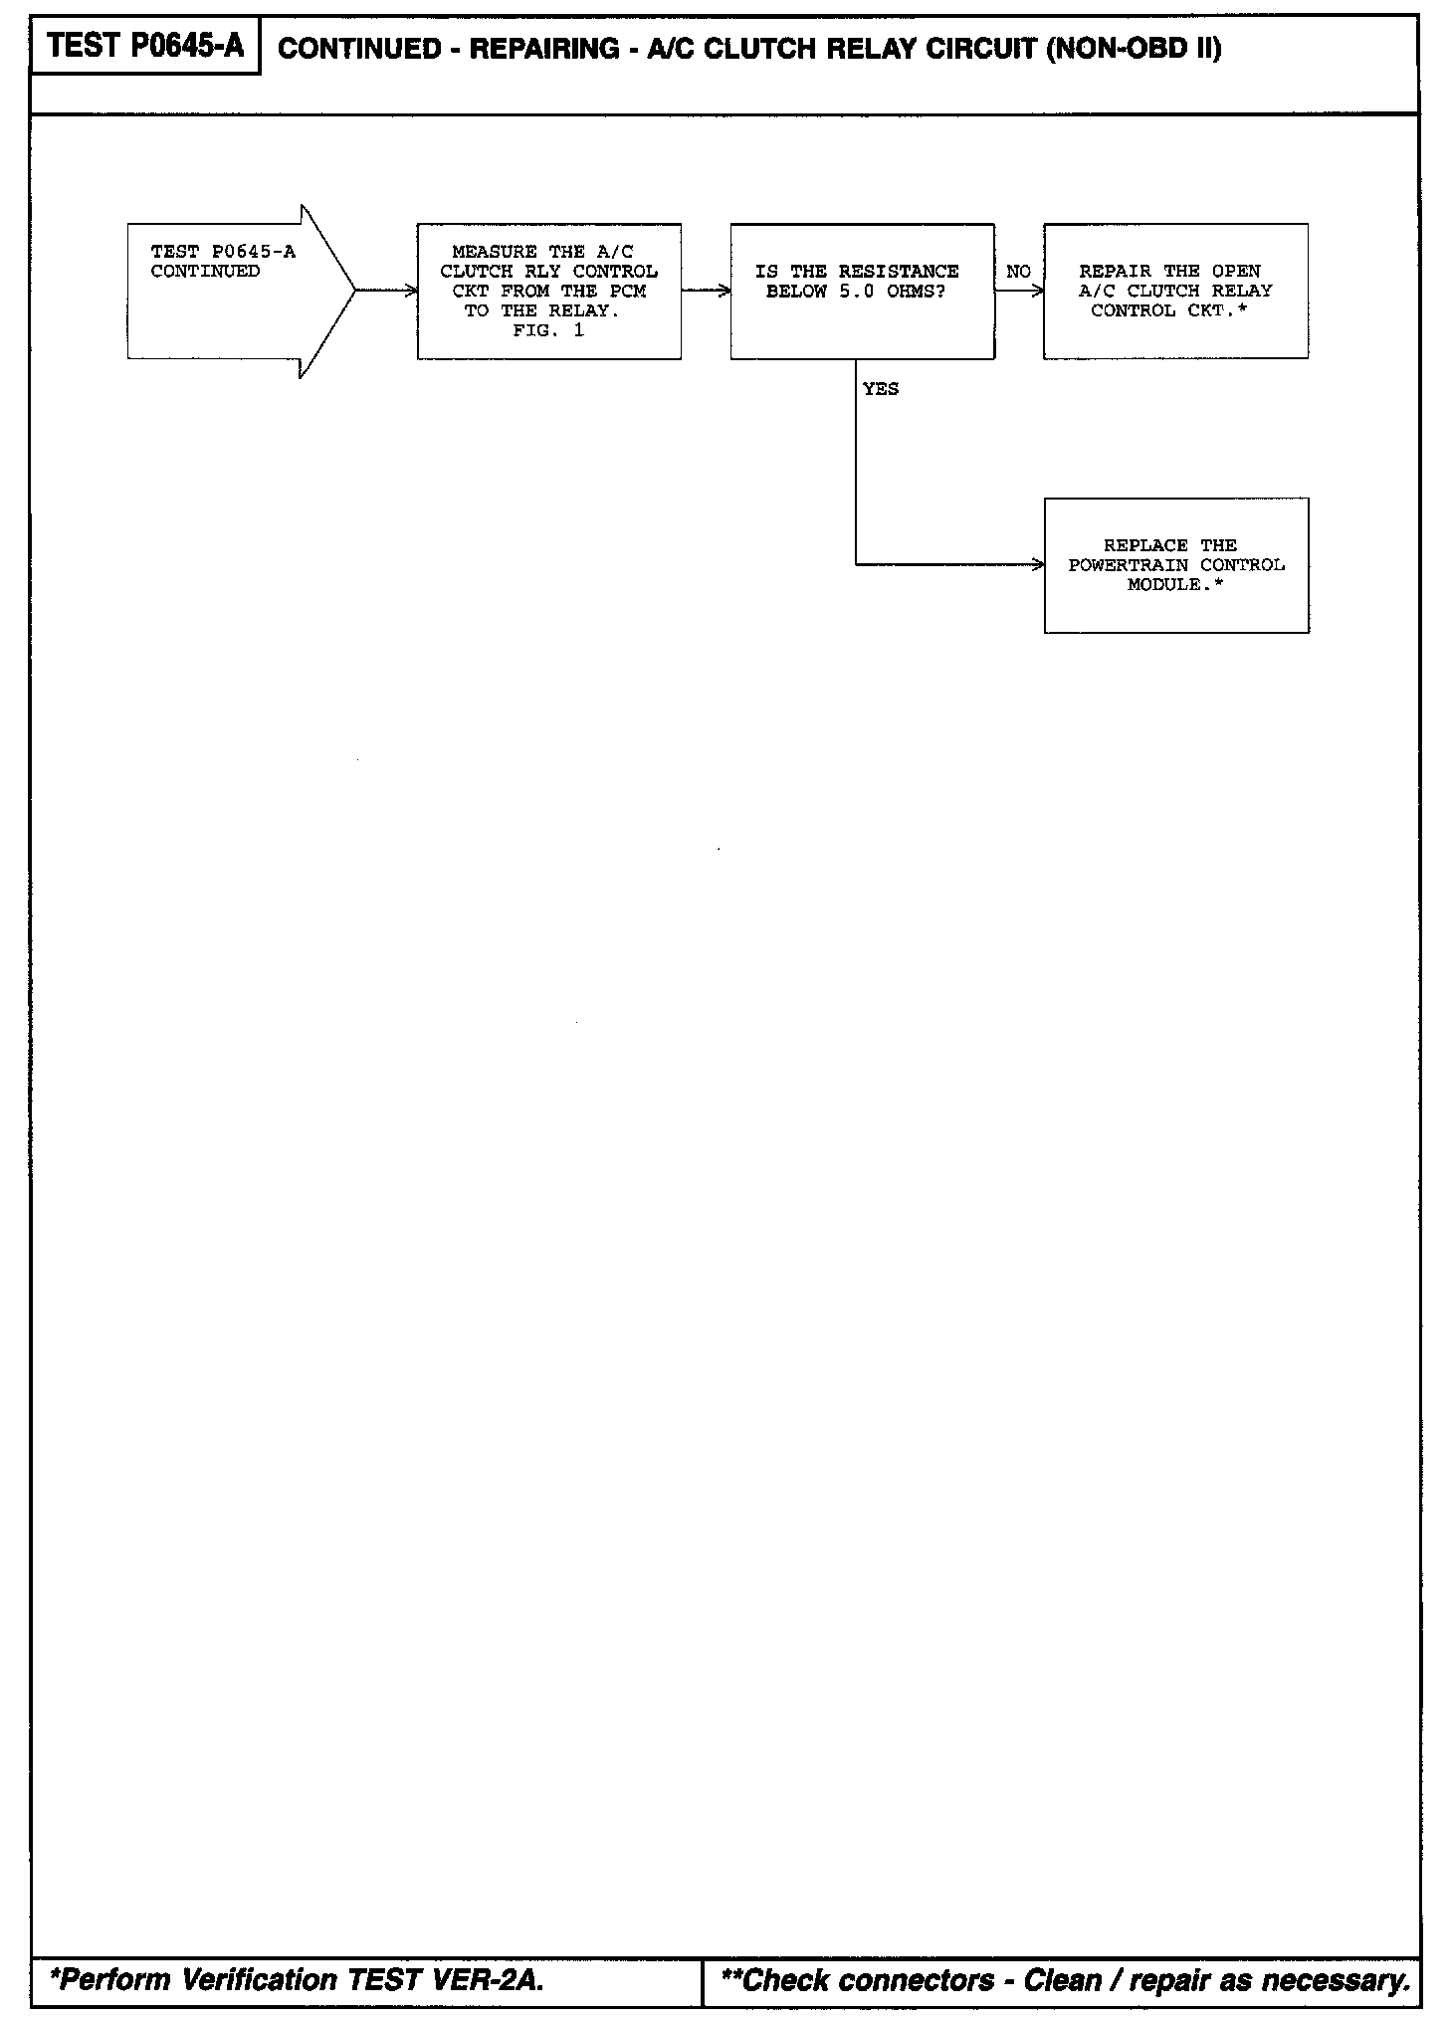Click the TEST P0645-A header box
click(145, 47)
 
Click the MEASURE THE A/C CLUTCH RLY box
click(548, 291)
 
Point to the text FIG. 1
click(548, 331)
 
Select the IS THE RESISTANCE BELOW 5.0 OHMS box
click(862, 291)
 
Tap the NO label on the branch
click(1018, 272)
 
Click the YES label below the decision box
click(881, 389)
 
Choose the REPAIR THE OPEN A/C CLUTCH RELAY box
click(1175, 291)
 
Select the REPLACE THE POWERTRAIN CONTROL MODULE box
click(1176, 565)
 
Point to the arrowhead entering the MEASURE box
click(411, 292)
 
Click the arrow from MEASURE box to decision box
click(706, 292)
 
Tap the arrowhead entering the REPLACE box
click(1038, 565)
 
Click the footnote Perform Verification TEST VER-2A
click(297, 1979)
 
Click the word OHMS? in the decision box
click(916, 292)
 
